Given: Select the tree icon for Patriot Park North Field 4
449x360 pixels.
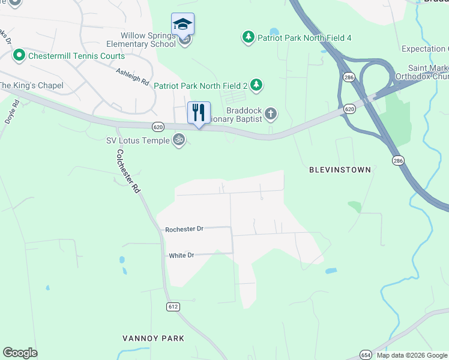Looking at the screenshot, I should coord(248,38).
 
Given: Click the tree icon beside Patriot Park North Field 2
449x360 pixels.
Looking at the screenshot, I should coord(256,85).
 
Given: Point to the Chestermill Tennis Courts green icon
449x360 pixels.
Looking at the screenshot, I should coord(19,56).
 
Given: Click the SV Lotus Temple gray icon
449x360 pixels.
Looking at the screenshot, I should coord(178,140).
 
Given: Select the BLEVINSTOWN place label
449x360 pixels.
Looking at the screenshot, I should coord(340,170).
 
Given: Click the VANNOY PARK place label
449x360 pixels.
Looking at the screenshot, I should coord(153,338).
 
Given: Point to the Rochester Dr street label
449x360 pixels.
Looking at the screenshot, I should coord(184,229).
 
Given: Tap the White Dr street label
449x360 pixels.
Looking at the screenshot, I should coord(181,255).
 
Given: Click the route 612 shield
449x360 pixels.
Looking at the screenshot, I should coord(173,307).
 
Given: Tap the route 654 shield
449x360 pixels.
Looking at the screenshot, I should coord(366,355).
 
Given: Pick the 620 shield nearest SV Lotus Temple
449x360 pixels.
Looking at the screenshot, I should coord(158,127).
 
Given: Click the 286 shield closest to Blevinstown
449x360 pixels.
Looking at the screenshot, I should coord(399,160).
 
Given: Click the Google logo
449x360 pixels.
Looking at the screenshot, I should coord(20,353).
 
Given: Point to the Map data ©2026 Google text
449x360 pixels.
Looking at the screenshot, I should coord(412,355).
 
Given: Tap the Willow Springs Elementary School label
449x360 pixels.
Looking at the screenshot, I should coord(141,40).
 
